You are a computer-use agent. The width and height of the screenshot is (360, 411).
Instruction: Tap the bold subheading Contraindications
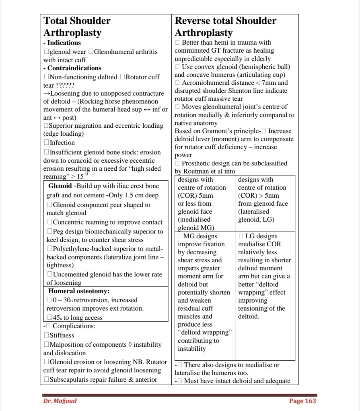[74, 68]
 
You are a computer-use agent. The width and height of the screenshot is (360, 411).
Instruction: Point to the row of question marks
[65, 86]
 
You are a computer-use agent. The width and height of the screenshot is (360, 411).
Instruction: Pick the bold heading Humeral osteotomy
[79, 291]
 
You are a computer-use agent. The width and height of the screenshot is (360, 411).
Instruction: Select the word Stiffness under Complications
[62, 335]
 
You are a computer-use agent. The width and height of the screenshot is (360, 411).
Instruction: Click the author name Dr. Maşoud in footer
[60, 401]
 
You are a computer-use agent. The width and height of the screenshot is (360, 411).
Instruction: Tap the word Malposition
[69, 344]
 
